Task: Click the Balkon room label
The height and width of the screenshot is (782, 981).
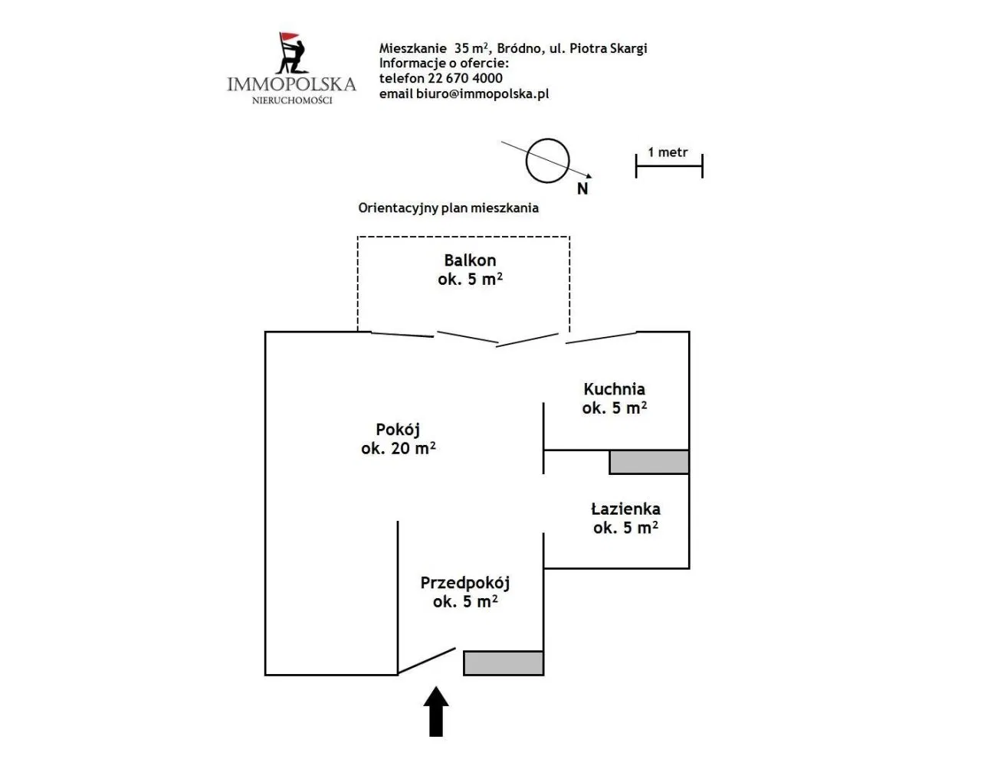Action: [x=470, y=260]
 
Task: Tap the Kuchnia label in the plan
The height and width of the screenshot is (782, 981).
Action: [x=614, y=389]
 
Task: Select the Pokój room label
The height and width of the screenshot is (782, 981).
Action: [x=397, y=430]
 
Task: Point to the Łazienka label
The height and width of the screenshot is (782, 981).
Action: [x=625, y=509]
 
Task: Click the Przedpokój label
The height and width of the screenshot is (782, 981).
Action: [x=464, y=583]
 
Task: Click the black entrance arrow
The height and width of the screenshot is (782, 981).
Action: [x=436, y=712]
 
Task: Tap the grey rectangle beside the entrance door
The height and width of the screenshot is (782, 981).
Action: [x=504, y=663]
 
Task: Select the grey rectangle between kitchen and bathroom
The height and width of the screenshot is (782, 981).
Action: [x=649, y=462]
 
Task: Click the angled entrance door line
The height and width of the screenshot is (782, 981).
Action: [x=426, y=661]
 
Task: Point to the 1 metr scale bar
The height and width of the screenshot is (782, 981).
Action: [x=668, y=165]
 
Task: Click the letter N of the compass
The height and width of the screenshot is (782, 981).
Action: [x=582, y=188]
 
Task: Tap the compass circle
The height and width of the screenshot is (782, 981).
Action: [x=547, y=161]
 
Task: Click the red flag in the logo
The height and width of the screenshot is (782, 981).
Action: [x=288, y=38]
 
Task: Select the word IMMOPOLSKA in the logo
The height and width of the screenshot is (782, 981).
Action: [x=291, y=84]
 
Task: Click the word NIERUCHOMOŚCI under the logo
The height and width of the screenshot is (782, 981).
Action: [x=292, y=100]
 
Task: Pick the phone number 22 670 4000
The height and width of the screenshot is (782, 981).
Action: [x=464, y=78]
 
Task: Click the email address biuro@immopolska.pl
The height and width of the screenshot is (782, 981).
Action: [x=482, y=93]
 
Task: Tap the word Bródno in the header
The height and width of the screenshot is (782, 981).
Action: [x=519, y=48]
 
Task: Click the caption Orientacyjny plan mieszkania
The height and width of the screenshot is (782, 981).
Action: [x=448, y=208]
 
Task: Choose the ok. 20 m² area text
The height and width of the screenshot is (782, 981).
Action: [x=399, y=449]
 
